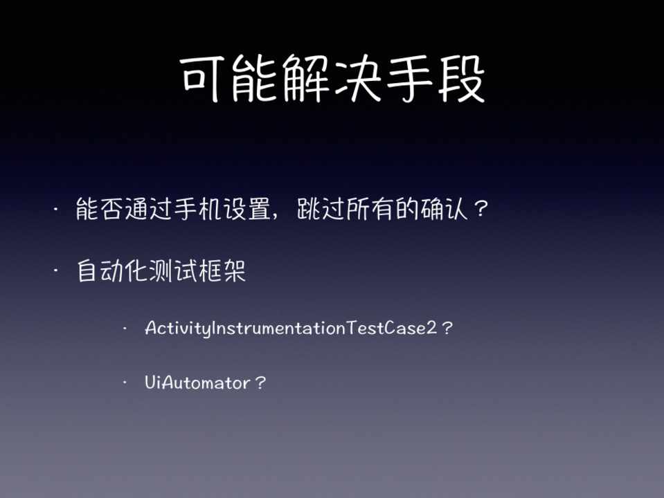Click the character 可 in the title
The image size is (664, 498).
[x=202, y=78]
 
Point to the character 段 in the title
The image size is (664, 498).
[x=460, y=78]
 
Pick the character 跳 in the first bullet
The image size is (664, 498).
[x=308, y=209]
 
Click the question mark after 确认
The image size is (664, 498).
[x=481, y=209]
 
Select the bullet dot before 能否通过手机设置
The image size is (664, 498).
[x=56, y=209]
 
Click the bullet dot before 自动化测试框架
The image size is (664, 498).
[x=56, y=271]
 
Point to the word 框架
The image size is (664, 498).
[x=222, y=271]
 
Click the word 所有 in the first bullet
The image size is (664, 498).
[x=370, y=209]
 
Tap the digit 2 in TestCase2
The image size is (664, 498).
[x=432, y=328]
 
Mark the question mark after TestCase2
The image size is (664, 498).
[x=447, y=328]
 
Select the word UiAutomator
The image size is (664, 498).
[x=197, y=382]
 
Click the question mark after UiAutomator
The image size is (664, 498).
[x=260, y=382]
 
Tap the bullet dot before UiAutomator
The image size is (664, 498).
[x=125, y=383]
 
